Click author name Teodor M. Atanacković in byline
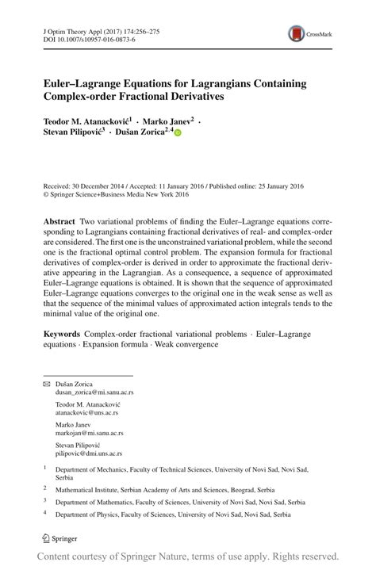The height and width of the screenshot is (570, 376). (x=90, y=121)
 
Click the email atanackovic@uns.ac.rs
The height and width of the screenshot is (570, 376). (x=75, y=412)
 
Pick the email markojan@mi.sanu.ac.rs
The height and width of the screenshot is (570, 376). (x=78, y=433)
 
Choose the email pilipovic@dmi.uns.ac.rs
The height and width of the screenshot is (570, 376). (x=77, y=453)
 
